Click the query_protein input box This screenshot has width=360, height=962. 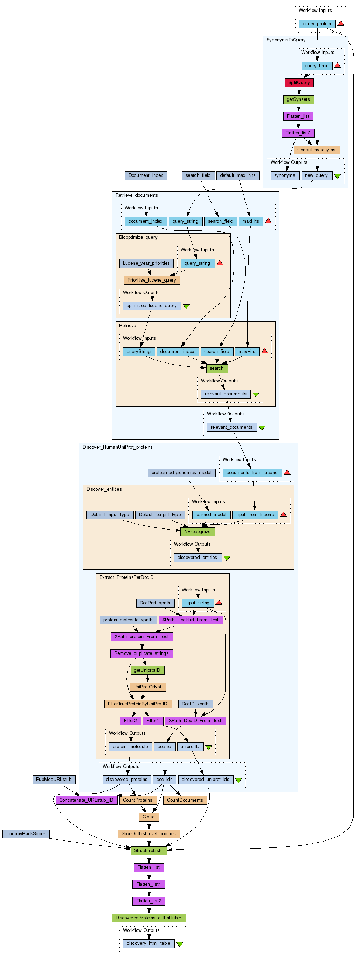click(x=317, y=24)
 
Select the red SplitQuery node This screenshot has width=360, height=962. click(x=299, y=83)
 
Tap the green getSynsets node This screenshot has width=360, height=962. click(x=298, y=99)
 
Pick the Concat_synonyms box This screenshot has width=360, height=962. click(x=317, y=150)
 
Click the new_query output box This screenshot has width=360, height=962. click(x=317, y=175)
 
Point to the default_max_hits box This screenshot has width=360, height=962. click(x=238, y=175)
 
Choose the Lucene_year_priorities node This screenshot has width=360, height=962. click(x=146, y=263)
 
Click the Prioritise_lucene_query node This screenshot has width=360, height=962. click(x=152, y=280)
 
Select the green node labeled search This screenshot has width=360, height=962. click(x=217, y=368)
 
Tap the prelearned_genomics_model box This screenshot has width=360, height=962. click(x=181, y=473)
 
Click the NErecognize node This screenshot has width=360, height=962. click(x=198, y=531)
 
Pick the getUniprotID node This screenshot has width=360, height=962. click(x=147, y=670)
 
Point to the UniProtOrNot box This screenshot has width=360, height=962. click(x=147, y=687)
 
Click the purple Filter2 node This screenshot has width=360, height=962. click(x=130, y=720)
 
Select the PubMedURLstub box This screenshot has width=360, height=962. click(x=54, y=780)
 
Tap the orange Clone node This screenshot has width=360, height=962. click(x=148, y=817)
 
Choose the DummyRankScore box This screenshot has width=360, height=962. click(x=26, y=833)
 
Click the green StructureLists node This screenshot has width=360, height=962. click(x=148, y=850)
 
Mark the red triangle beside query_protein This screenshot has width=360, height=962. click(x=341, y=23)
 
